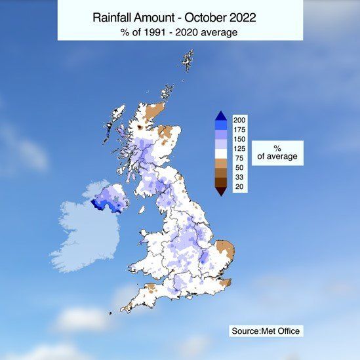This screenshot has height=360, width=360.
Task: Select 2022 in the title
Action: pyautogui.click(x=239, y=16)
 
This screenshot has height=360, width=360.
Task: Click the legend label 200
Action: pyautogui.click(x=239, y=120)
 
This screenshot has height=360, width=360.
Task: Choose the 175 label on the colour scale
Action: pyautogui.click(x=239, y=130)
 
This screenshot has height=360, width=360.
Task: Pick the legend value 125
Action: pyautogui.click(x=239, y=150)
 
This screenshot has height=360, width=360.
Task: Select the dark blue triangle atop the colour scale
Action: pyautogui.click(x=221, y=115)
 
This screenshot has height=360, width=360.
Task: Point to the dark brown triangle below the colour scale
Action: pyautogui.click(x=221, y=191)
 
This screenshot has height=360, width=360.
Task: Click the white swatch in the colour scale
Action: pyautogui.click(x=221, y=153)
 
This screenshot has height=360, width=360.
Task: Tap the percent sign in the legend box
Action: pyautogui.click(x=277, y=147)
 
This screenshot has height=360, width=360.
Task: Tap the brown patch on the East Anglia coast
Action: pyautogui.click(x=226, y=250)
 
